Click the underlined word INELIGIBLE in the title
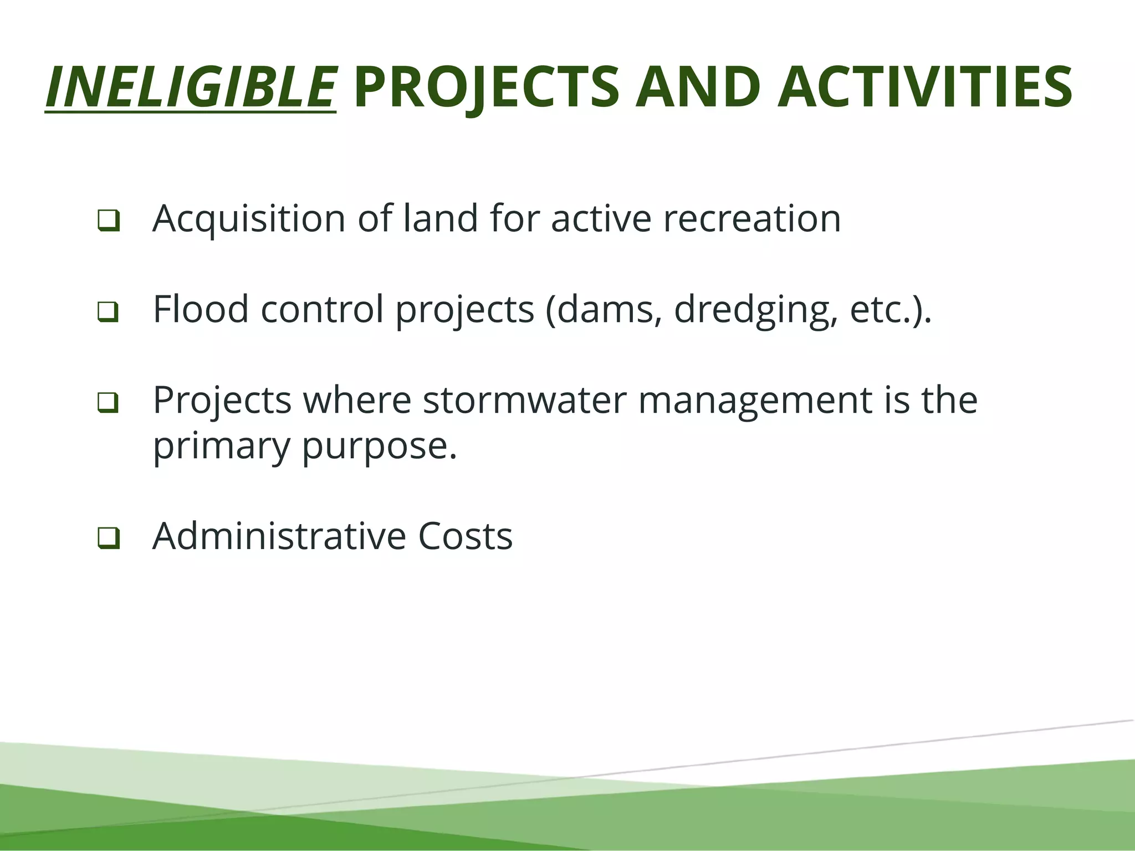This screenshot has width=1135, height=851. click(191, 88)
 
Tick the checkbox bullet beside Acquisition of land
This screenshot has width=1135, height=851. click(108, 221)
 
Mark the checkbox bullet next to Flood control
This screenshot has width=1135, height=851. click(108, 311)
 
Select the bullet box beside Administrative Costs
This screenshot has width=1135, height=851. click(108, 537)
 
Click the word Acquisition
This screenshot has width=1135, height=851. click(249, 219)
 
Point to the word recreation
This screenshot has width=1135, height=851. click(752, 219)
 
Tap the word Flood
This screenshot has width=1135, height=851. click(201, 309)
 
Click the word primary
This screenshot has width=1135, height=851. click(221, 447)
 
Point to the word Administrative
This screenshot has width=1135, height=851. click(279, 536)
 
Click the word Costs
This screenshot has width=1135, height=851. click(465, 536)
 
